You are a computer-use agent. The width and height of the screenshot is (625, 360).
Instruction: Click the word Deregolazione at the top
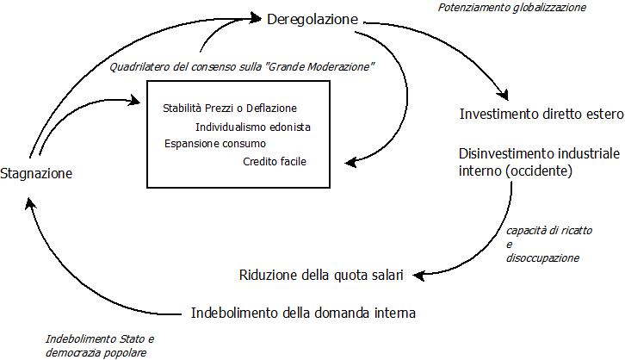[x=312, y=18]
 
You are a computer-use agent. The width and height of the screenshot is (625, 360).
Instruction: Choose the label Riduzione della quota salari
[x=321, y=276]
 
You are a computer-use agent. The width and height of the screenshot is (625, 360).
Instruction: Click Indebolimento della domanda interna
[x=307, y=312]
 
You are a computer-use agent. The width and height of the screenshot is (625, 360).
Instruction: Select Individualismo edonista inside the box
[x=253, y=127]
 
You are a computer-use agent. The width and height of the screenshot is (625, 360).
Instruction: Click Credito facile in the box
[x=275, y=161]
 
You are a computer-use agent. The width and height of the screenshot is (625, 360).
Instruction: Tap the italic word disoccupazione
[x=541, y=257]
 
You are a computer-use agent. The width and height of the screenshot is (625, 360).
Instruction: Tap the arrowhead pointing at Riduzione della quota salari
[x=417, y=275]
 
